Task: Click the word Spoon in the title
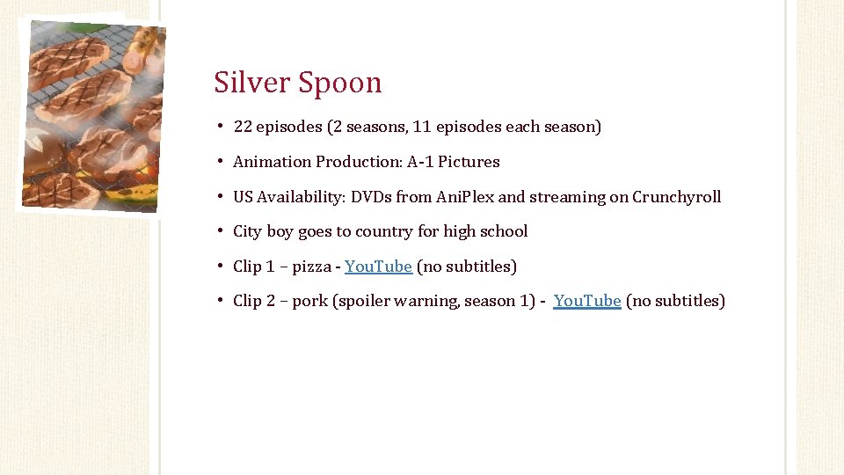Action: (x=339, y=83)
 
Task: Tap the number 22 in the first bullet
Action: (x=243, y=127)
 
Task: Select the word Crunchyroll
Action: (x=676, y=197)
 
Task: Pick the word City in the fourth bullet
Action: (x=247, y=231)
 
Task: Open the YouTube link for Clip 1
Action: (x=378, y=267)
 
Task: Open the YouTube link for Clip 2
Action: (x=587, y=301)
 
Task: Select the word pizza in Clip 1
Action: (x=313, y=267)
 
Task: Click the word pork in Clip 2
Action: (x=309, y=301)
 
